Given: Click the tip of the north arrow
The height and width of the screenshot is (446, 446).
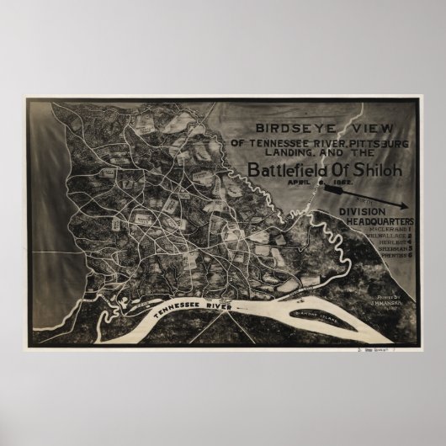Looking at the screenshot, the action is (408, 207).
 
